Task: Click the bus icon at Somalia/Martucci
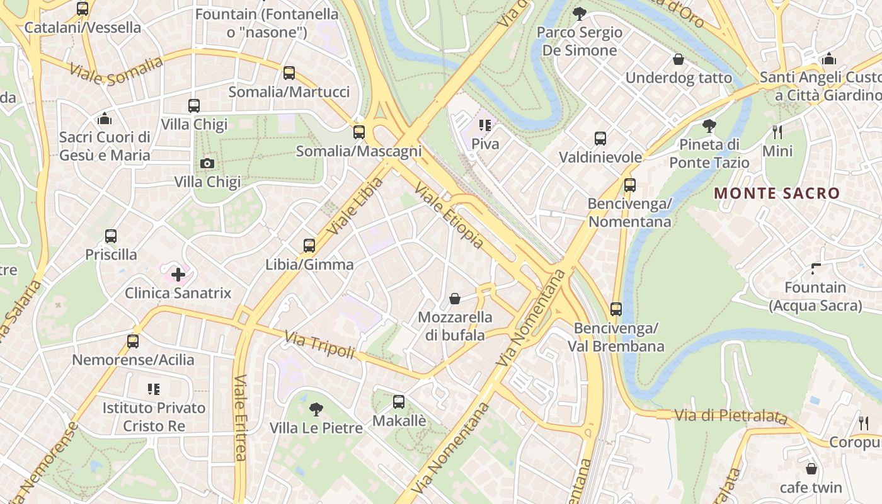[289, 73]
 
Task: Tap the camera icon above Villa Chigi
[207, 164]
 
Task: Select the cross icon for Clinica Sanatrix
[178, 274]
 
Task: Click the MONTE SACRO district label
[777, 193]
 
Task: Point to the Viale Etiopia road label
[449, 215]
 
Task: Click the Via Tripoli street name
[320, 345]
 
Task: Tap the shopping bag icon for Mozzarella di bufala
[455, 298]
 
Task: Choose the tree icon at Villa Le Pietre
[316, 409]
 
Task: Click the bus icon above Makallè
[399, 402]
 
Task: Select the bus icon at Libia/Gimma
[309, 246]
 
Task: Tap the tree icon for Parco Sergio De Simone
[579, 13]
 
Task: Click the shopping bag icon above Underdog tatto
[679, 59]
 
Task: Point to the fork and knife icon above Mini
[777, 132]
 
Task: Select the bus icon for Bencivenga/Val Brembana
[616, 309]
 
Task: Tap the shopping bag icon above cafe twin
[811, 469]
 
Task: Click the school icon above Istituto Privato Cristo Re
[154, 389]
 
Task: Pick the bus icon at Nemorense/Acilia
[132, 341]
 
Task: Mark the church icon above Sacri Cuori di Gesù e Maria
[105, 118]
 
